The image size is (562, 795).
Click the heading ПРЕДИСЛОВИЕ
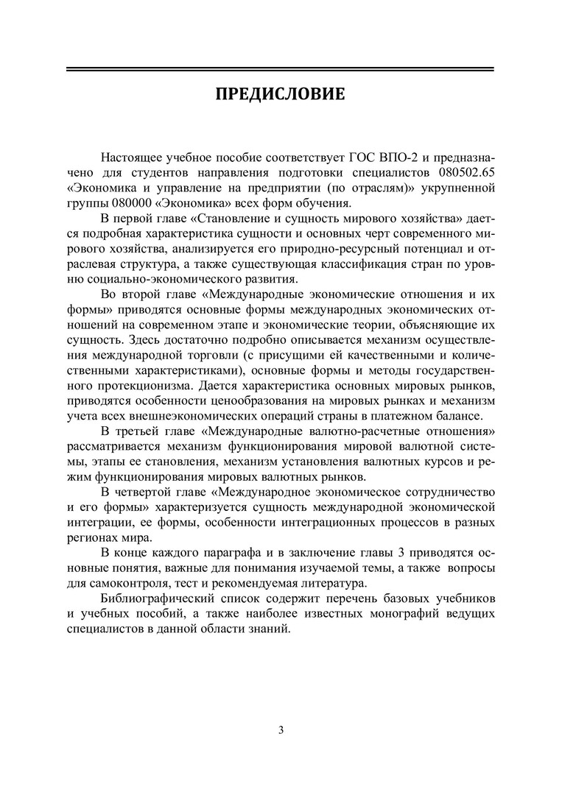280,95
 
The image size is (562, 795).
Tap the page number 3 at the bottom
281,730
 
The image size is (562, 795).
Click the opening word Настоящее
133,158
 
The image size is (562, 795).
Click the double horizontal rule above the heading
280,69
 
